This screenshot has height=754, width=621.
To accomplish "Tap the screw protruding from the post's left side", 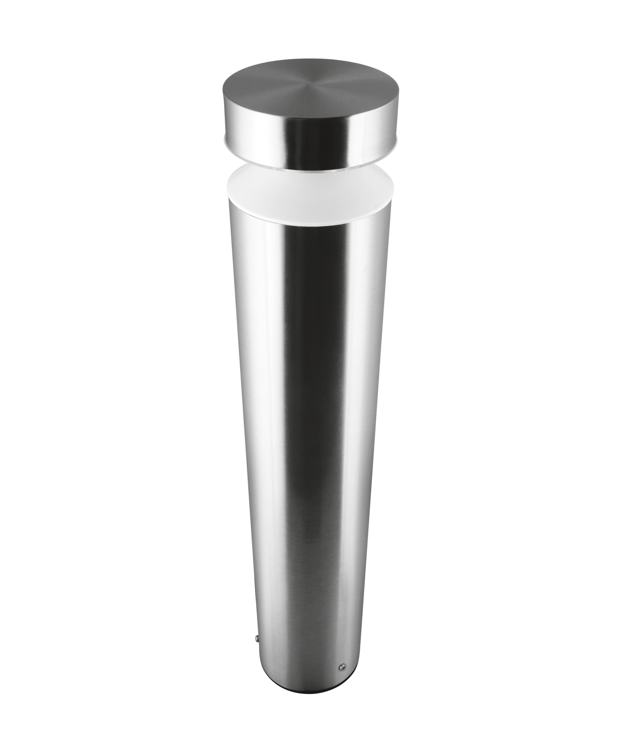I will click(x=255, y=638).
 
